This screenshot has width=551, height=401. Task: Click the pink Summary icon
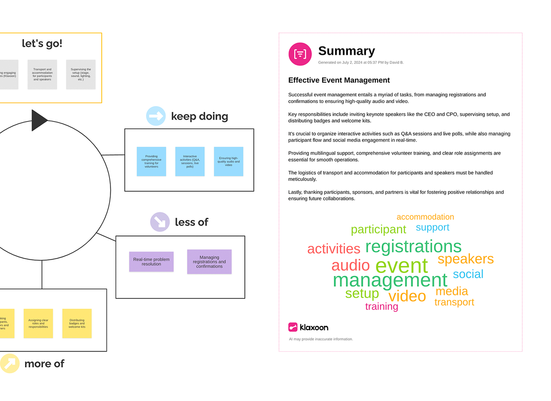[300, 54]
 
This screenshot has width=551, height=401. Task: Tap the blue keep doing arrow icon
[156, 116]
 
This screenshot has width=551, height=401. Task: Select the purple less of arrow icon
[160, 222]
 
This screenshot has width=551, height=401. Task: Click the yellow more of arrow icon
[10, 363]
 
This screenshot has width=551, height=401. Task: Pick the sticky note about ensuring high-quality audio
[229, 161]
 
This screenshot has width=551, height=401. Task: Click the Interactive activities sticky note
[190, 161]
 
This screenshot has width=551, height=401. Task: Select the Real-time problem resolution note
[151, 262]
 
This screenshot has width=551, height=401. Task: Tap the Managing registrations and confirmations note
[209, 262]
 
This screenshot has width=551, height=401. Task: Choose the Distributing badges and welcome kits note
[77, 323]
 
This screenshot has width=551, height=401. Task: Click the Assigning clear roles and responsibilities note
[38, 323]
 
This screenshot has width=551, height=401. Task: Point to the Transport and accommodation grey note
[42, 74]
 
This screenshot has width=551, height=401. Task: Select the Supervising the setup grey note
[81, 74]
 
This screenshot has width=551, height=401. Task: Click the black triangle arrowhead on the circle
[39, 120]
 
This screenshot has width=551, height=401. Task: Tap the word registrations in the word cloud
[413, 246]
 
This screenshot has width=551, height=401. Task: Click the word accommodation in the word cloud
[425, 217]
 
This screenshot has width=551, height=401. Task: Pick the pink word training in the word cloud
[382, 306]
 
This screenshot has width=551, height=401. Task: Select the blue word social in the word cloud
[468, 274]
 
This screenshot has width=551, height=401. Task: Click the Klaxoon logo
[308, 327]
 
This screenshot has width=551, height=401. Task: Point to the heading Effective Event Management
[339, 80]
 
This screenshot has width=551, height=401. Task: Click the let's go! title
[42, 43]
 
